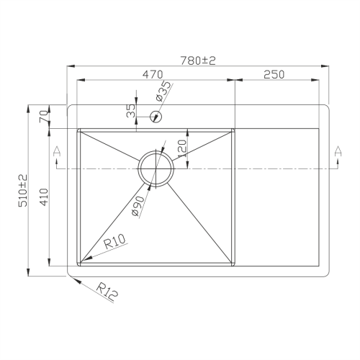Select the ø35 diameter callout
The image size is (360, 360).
[x=163, y=91]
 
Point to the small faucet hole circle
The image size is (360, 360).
[x=156, y=115]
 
